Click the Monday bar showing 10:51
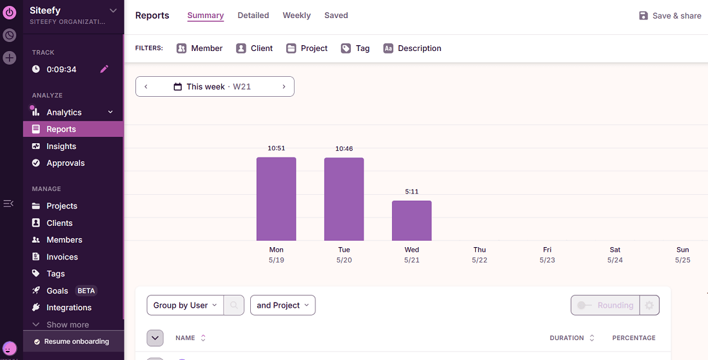tap(276, 199)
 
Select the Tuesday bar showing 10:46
tap(344, 199)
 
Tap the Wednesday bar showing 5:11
tap(411, 220)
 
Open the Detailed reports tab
tap(253, 15)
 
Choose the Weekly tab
tap(297, 15)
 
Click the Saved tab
tap(336, 15)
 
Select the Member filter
tap(200, 48)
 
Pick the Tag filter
tap(355, 48)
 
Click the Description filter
tap(412, 48)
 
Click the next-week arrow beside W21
tap(284, 86)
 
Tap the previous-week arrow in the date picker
tap(146, 86)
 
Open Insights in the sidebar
tap(61, 146)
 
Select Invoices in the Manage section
tap(62, 257)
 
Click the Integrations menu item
tap(68, 308)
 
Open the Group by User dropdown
tap(185, 305)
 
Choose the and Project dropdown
tap(282, 305)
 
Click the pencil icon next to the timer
tap(104, 69)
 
